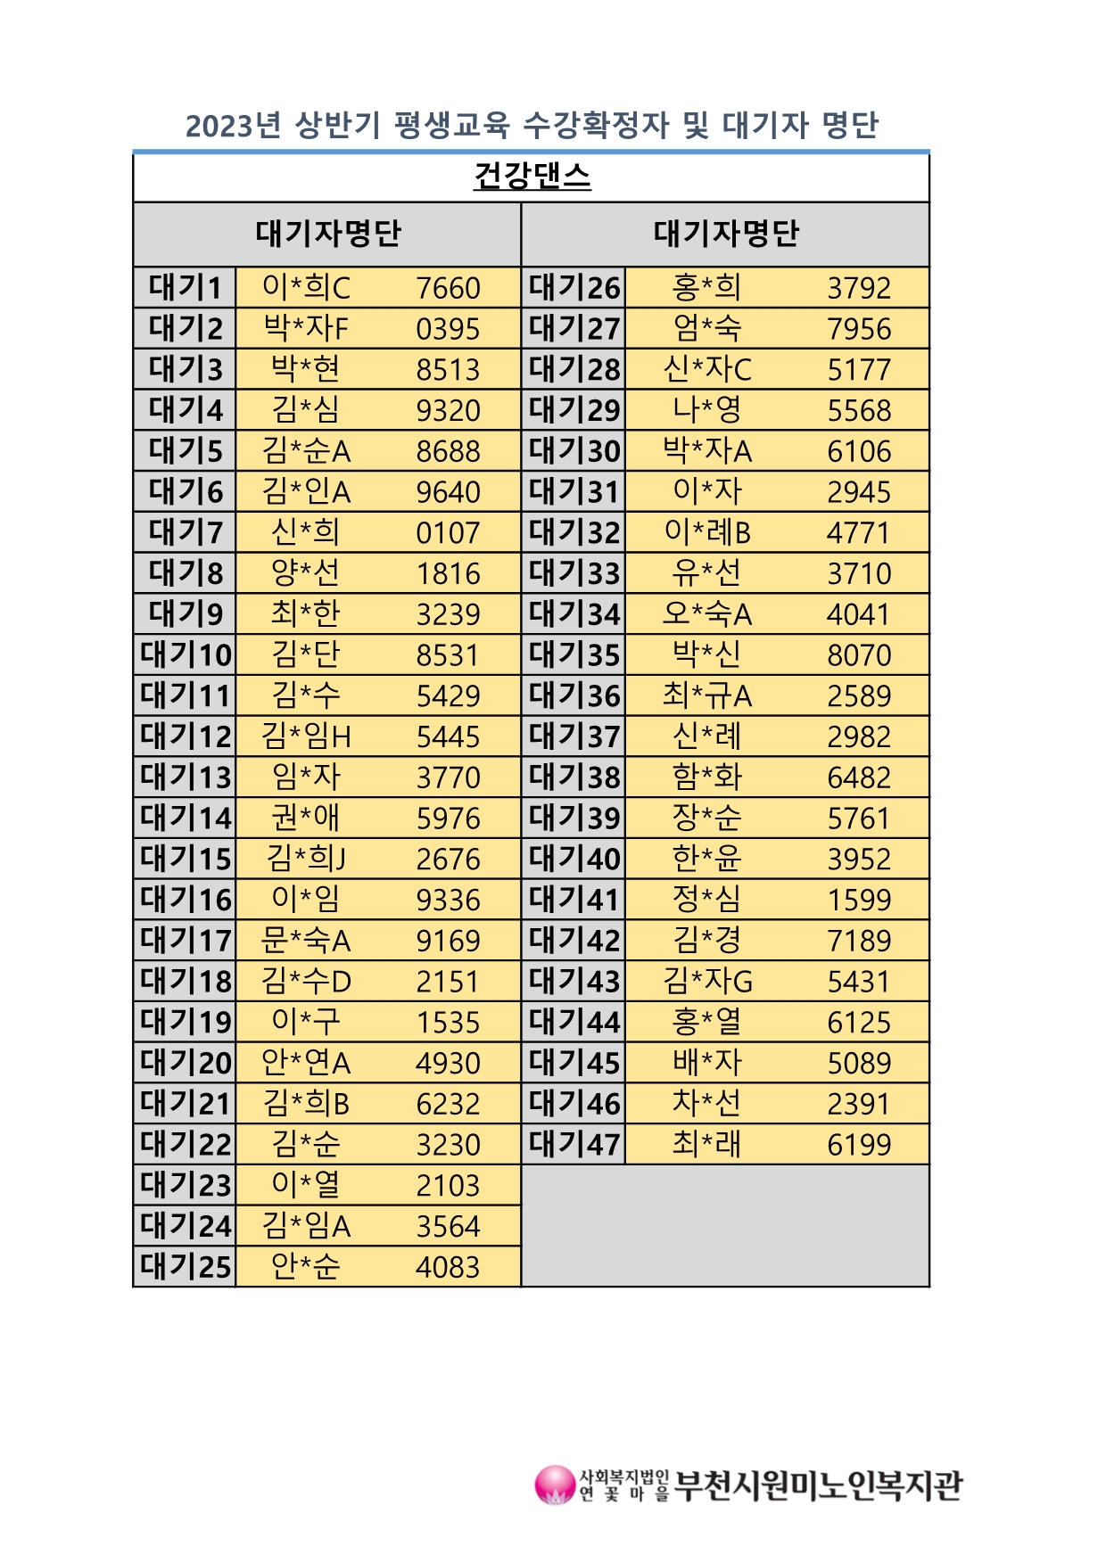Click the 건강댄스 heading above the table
pos(532,176)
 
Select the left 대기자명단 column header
pos(328,234)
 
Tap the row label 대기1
pos(185,288)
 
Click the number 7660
pos(448,288)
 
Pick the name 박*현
pos(305,369)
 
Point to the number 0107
pos(448,532)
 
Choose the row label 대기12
pos(185,736)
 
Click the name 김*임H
pos(305,736)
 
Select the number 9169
pos(448,941)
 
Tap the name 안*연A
pos(305,1063)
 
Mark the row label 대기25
pos(185,1267)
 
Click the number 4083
pos(448,1267)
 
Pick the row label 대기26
pos(574,288)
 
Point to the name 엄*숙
pos(706,328)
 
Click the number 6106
pos(859,451)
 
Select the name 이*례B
pos(706,532)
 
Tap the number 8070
pos(859,655)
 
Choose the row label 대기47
pos(574,1144)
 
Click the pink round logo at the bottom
pos(554,1485)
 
